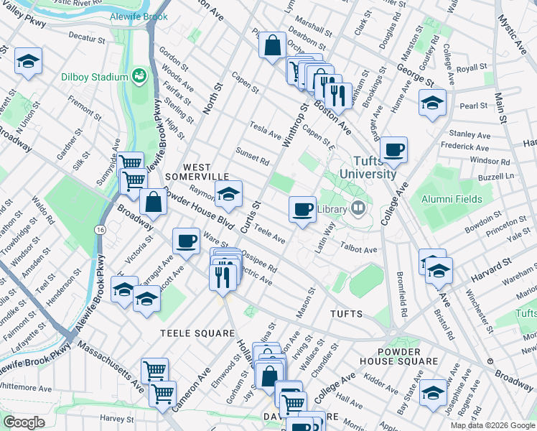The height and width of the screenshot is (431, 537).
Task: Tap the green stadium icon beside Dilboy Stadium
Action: tap(139, 76)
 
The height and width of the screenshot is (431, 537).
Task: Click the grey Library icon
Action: tap(358, 209)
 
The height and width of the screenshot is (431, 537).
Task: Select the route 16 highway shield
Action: tap(100, 229)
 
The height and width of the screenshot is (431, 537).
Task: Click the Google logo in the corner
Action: tap(24, 422)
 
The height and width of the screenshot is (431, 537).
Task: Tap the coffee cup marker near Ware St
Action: tap(187, 241)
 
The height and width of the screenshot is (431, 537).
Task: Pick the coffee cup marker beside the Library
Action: tap(302, 209)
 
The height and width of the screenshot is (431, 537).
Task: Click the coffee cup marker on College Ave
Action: tap(393, 150)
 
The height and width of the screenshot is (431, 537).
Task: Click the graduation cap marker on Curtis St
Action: tap(228, 193)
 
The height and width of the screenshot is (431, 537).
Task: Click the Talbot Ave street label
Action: tap(358, 249)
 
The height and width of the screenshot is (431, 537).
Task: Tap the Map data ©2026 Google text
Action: tap(492, 425)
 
